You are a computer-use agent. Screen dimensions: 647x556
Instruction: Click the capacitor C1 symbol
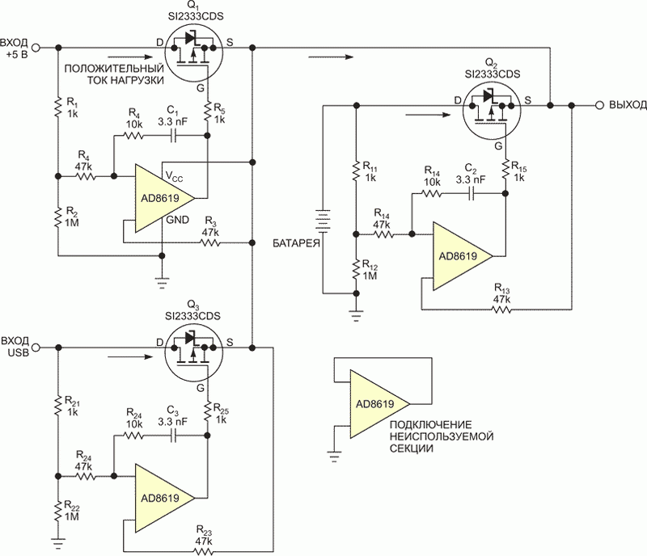click(x=174, y=135)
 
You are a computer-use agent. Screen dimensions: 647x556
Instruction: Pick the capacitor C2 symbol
click(x=472, y=193)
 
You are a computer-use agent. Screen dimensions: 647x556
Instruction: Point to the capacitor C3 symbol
click(x=174, y=436)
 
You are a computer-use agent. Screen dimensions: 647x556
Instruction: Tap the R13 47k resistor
click(x=501, y=309)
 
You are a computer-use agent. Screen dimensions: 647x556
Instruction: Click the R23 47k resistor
click(x=205, y=551)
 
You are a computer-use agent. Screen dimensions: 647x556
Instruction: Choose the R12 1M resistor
click(x=356, y=269)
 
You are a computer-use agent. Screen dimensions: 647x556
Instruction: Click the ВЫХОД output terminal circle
click(x=599, y=106)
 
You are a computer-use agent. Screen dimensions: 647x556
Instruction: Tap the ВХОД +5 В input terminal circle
click(x=36, y=48)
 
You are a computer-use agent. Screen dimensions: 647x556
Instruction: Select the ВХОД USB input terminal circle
click(x=36, y=348)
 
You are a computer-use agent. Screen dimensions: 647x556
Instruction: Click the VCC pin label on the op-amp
click(x=174, y=176)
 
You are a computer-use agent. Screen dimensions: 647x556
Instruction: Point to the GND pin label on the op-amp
click(x=177, y=220)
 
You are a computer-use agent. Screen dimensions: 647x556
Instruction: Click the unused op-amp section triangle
click(x=379, y=404)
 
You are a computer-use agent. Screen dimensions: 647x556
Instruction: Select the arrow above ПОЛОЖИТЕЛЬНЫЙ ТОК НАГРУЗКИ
click(x=129, y=57)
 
